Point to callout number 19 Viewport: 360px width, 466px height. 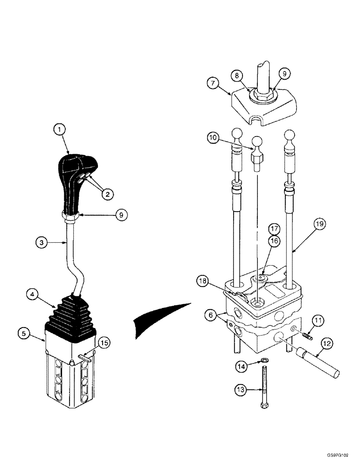pyautogui.click(x=319, y=225)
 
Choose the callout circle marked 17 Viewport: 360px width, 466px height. pyautogui.click(x=274, y=229)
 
